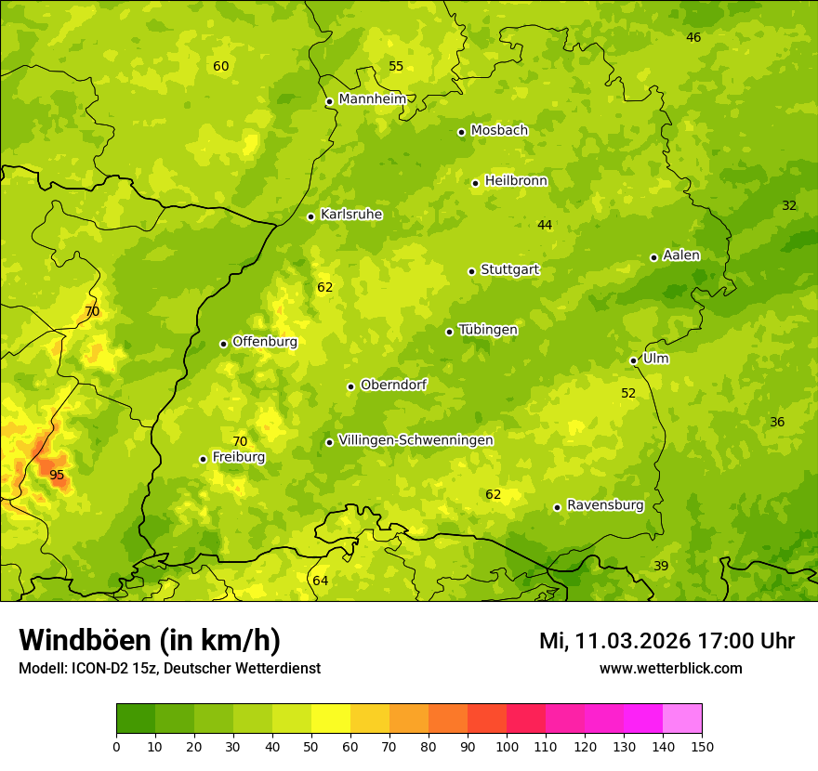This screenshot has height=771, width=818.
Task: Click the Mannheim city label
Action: click(373, 99)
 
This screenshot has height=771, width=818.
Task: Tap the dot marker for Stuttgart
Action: click(471, 271)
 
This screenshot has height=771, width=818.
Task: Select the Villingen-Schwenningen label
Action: click(416, 440)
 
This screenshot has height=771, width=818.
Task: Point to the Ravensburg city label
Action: click(605, 505)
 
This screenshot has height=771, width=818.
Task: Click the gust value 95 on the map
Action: click(57, 475)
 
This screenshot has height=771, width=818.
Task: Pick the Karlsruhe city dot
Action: click(310, 216)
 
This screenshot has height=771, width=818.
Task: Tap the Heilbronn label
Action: click(516, 181)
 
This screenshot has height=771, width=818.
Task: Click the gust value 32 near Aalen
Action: click(789, 205)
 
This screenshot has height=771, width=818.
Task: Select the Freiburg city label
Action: click(239, 457)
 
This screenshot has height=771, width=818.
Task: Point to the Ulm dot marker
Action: click(633, 360)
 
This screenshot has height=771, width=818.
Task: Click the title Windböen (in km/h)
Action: click(150, 640)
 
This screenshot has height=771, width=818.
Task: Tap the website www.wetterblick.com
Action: click(670, 668)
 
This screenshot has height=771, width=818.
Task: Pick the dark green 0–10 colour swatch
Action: click(136, 718)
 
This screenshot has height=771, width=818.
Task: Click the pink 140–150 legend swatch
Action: click(682, 718)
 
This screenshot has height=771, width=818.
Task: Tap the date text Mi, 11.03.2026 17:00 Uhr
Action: click(666, 641)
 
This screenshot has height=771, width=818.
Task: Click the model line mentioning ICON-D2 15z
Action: click(169, 668)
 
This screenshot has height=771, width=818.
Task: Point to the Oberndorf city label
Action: click(393, 385)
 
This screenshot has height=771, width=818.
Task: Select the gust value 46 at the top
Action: click(693, 37)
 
